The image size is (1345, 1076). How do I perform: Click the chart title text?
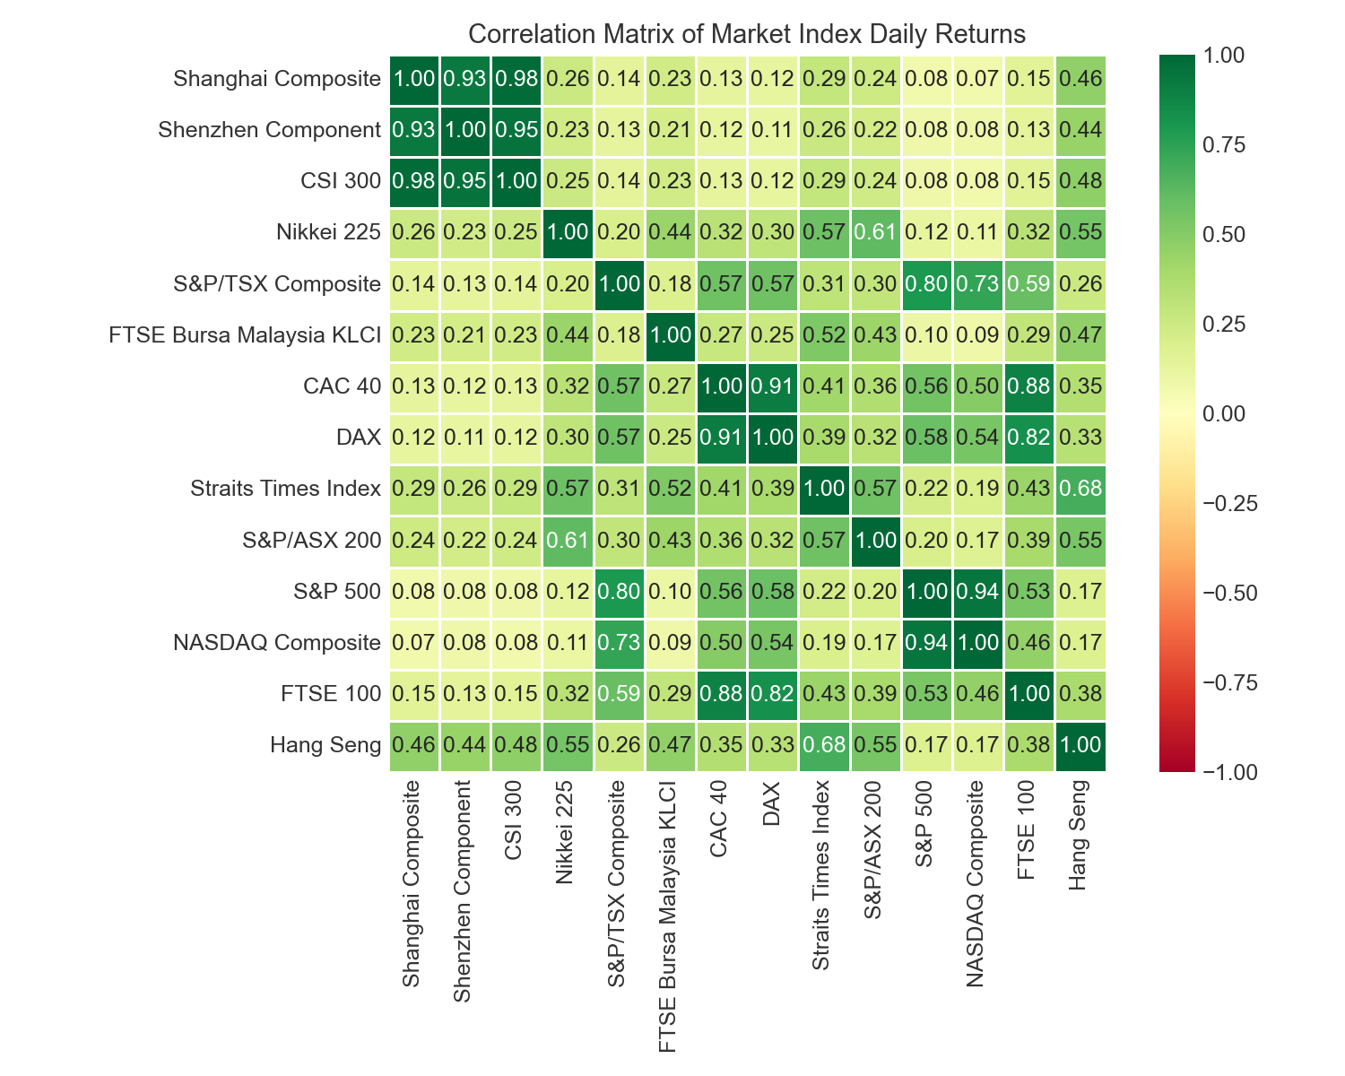click(746, 34)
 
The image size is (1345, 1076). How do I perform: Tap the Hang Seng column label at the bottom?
click(1080, 834)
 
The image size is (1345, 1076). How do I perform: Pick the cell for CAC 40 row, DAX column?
click(773, 386)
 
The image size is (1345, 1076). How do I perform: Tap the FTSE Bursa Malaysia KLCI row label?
click(246, 335)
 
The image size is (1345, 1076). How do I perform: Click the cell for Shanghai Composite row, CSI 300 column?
click(517, 79)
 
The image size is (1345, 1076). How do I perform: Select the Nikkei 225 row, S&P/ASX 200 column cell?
click(875, 233)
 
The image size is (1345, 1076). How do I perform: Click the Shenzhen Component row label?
click(269, 130)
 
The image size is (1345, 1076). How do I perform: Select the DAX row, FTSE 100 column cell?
click(1028, 438)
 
